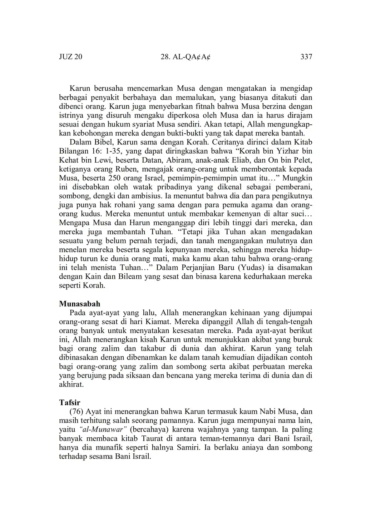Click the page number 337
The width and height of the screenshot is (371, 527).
[306, 57]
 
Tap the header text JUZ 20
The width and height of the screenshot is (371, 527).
[70, 57]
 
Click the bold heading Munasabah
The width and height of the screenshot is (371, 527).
[79, 304]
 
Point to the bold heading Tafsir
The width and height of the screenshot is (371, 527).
[69, 403]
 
